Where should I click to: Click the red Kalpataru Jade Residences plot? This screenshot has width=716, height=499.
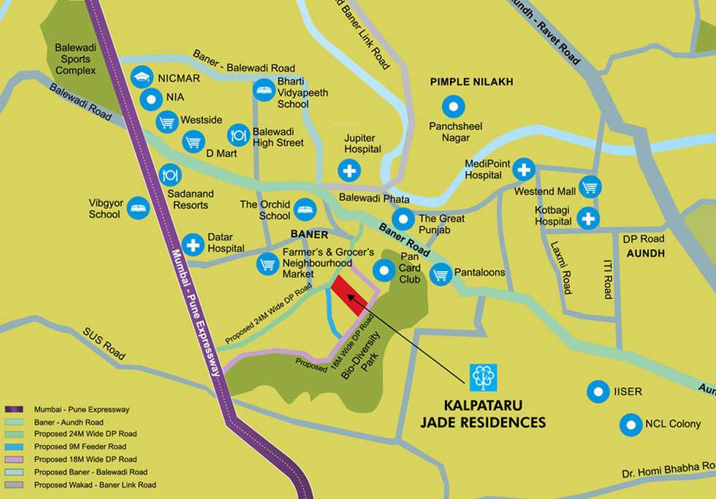(x=349, y=295)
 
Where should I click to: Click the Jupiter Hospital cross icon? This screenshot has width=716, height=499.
(x=349, y=171)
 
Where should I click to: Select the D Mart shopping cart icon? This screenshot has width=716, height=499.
(x=193, y=142)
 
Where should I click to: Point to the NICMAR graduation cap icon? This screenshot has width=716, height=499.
(x=141, y=77)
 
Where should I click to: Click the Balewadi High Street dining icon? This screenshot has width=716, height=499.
(x=239, y=134)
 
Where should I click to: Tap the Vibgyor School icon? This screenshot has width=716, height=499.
(x=137, y=209)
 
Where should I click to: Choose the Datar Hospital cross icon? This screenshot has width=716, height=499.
(x=193, y=245)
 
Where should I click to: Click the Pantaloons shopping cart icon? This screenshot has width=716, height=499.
(x=440, y=274)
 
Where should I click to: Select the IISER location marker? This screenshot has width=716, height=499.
(x=598, y=392)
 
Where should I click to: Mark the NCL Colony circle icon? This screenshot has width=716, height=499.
(x=631, y=424)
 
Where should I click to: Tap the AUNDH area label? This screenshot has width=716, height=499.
(x=645, y=253)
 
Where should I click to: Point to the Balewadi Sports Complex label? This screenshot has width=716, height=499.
(x=75, y=58)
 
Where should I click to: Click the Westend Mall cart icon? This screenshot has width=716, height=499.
(x=590, y=187)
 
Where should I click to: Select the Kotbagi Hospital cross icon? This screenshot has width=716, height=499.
(x=588, y=218)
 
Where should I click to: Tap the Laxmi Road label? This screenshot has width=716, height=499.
(x=561, y=267)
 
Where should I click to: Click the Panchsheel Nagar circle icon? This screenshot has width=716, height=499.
(x=455, y=107)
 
